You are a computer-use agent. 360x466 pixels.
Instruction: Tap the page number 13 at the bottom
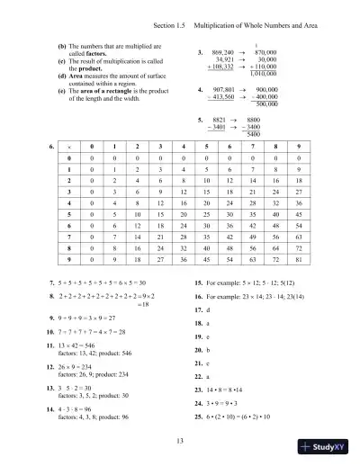point(180,439)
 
